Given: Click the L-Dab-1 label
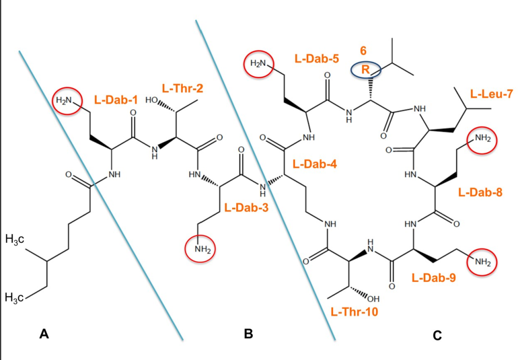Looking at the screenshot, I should pyautogui.click(x=115, y=97).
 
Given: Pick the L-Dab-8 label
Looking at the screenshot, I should pyautogui.click(x=480, y=193).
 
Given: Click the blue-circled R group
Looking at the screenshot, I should pyautogui.click(x=366, y=70).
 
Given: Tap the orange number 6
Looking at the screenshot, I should pyautogui.click(x=363, y=51).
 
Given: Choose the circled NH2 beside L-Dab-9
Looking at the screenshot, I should pyautogui.click(x=482, y=262).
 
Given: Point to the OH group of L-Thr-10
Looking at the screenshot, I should pyautogui.click(x=372, y=299).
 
